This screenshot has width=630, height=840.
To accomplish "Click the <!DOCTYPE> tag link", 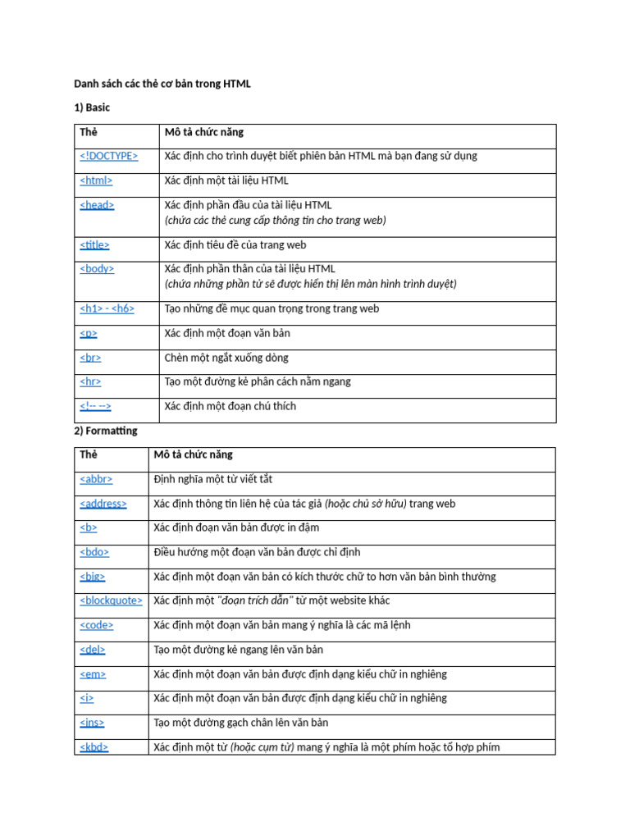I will [x=109, y=156].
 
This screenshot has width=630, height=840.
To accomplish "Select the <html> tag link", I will [x=96, y=180].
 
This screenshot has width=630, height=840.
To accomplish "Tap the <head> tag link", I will [x=97, y=205].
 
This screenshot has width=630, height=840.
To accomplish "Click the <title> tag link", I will [x=94, y=244].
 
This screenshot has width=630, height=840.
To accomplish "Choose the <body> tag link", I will [x=97, y=268].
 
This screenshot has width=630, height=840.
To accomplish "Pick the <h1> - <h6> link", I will [x=107, y=309].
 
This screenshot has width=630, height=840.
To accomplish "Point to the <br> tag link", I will [x=90, y=358].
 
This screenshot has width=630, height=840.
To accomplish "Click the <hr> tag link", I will [x=90, y=381].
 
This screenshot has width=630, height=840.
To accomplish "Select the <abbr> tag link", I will [x=96, y=479].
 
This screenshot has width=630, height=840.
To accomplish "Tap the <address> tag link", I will [x=103, y=504].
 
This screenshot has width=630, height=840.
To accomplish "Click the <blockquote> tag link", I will [x=111, y=600].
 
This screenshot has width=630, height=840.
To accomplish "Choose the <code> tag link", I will [x=97, y=625].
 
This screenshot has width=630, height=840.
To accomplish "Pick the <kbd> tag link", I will [x=94, y=747].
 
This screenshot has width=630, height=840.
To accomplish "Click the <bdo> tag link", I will [x=94, y=552].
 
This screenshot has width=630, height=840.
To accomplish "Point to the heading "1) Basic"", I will [x=92, y=107].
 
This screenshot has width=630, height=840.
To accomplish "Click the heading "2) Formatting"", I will [x=106, y=431].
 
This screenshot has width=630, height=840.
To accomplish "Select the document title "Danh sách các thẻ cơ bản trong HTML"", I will [x=162, y=83].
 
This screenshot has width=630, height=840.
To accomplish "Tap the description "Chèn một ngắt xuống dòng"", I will [x=226, y=358].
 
